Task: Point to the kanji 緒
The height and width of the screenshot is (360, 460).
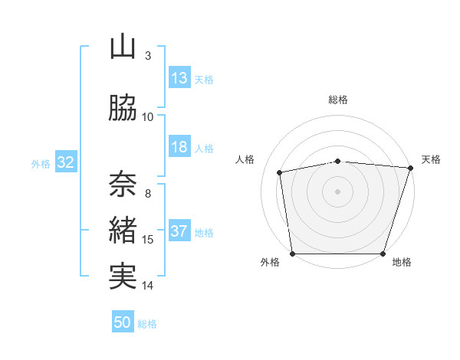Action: click(x=123, y=231)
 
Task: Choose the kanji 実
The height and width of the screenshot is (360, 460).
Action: click(x=123, y=277)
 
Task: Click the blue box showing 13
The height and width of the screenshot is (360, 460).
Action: click(x=179, y=77)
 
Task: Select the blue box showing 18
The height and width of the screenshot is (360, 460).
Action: click(x=179, y=147)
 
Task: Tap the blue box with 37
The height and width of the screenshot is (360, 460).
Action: click(x=179, y=231)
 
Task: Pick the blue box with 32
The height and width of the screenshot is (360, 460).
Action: click(x=65, y=162)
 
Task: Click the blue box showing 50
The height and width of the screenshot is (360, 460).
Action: click(x=123, y=322)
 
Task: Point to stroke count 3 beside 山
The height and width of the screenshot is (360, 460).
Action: click(x=147, y=56)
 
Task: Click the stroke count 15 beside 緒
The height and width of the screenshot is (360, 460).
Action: click(x=148, y=240)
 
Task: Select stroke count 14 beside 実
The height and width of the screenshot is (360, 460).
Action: click(x=148, y=286)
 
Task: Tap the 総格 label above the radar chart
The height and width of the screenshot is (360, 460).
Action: click(x=338, y=100)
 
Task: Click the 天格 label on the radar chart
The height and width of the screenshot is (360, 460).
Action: click(x=431, y=159)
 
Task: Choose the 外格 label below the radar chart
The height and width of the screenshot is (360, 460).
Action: click(x=270, y=263)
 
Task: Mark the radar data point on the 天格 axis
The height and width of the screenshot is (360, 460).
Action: click(x=410, y=168)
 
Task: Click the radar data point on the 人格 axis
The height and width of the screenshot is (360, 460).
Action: click(x=280, y=172)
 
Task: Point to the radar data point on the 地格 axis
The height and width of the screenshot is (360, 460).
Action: click(x=383, y=254)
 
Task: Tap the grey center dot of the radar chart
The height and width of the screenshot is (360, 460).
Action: click(x=338, y=191)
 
